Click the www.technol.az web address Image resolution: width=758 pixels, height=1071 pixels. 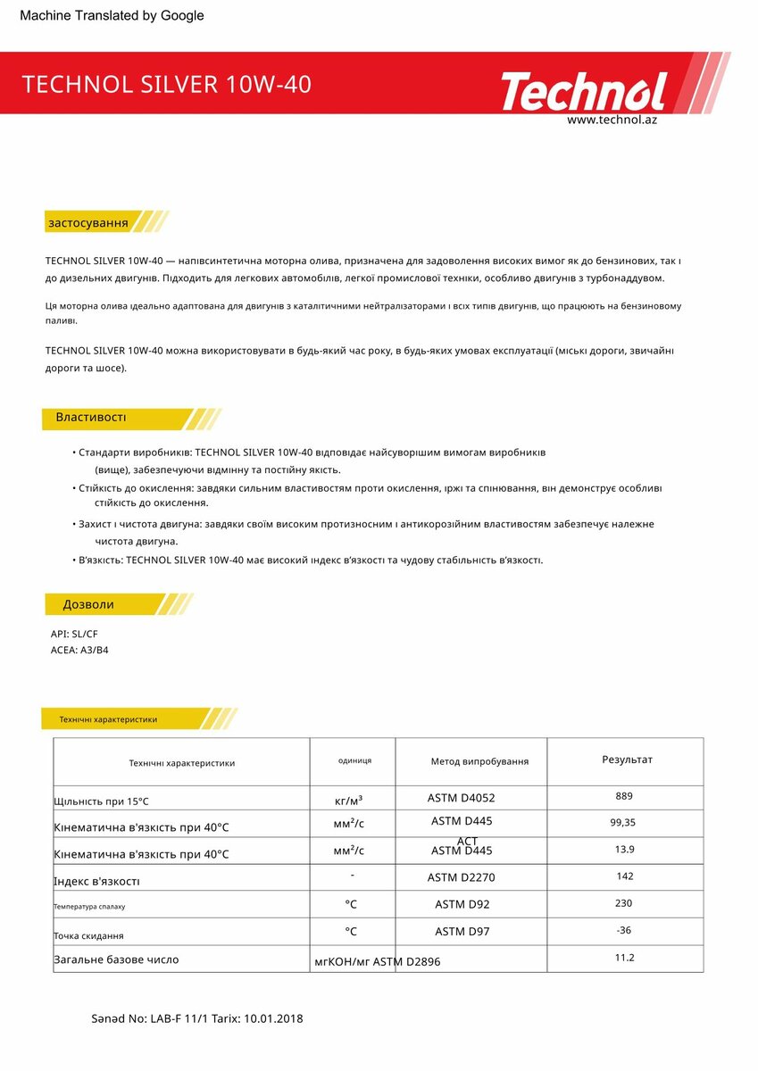pyautogui.click(x=612, y=120)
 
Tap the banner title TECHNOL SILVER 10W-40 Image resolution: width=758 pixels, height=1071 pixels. pyautogui.click(x=166, y=84)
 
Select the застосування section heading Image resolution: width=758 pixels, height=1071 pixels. pyautogui.click(x=87, y=222)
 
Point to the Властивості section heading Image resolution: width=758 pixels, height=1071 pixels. pyautogui.click(x=91, y=418)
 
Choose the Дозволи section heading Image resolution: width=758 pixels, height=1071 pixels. pyautogui.click(x=88, y=604)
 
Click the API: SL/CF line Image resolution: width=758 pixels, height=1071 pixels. pyautogui.click(x=74, y=634)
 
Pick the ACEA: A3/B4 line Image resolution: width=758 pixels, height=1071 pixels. pyautogui.click(x=79, y=650)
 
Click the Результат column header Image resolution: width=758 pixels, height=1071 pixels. pyautogui.click(x=627, y=760)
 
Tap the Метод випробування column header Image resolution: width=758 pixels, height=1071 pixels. pyautogui.click(x=479, y=761)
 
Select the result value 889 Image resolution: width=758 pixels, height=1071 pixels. pyautogui.click(x=624, y=795)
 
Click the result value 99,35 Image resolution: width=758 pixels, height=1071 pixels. pyautogui.click(x=624, y=822)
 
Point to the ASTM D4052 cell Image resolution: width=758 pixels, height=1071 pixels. pyautogui.click(x=461, y=798)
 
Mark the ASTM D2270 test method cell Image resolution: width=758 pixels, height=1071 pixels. pyautogui.click(x=461, y=877)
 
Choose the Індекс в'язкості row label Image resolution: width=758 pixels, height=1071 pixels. pyautogui.click(x=97, y=882)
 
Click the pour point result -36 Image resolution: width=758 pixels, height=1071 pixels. pyautogui.click(x=624, y=930)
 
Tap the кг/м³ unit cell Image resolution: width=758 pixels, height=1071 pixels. pyautogui.click(x=348, y=800)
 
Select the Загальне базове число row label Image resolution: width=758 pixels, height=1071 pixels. pyautogui.click(x=116, y=959)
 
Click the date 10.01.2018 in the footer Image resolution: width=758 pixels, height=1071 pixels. pyautogui.click(x=273, y=1018)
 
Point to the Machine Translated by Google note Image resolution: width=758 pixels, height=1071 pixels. pyautogui.click(x=112, y=15)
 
